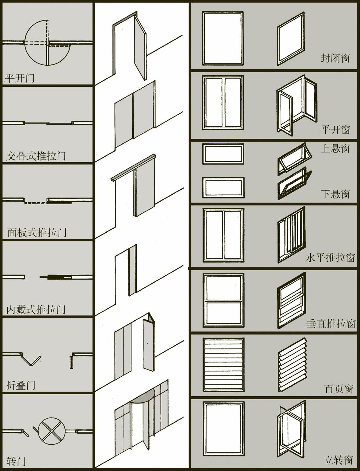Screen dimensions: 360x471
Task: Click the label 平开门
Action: click(20, 78)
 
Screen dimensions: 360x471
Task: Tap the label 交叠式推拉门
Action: click(36, 156)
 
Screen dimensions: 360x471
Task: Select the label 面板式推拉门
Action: click(37, 232)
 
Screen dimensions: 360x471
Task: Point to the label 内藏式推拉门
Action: click(36, 309)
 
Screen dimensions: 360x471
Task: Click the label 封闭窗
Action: click(335, 58)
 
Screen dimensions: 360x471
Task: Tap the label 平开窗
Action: click(335, 130)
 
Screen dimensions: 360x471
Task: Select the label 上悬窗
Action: click(335, 148)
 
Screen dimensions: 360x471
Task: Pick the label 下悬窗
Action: click(335, 194)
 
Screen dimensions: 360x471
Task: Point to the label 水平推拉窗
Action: click(330, 258)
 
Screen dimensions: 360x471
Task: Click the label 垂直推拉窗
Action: click(330, 324)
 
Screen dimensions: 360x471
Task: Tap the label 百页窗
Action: click(339, 389)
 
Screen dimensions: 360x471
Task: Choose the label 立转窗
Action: click(338, 460)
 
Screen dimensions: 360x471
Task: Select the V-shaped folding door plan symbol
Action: click(31, 359)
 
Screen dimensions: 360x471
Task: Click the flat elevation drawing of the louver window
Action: click(223, 364)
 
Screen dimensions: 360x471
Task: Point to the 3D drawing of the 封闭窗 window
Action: click(291, 39)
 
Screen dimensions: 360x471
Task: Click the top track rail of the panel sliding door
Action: click(133, 168)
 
